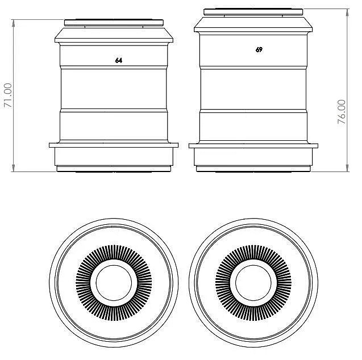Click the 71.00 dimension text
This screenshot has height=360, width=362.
(x=8, y=95)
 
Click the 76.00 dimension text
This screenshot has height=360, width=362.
(x=342, y=112)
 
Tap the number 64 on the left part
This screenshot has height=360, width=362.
(x=118, y=60)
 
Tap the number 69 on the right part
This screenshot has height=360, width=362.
(x=259, y=49)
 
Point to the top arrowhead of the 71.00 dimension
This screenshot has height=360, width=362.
(x=14, y=23)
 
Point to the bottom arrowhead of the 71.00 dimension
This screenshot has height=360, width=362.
(x=14, y=169)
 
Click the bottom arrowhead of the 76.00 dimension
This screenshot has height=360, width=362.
(x=347, y=169)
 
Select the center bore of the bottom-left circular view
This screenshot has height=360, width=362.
(x=114, y=283)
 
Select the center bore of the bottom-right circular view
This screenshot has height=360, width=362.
(x=253, y=283)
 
